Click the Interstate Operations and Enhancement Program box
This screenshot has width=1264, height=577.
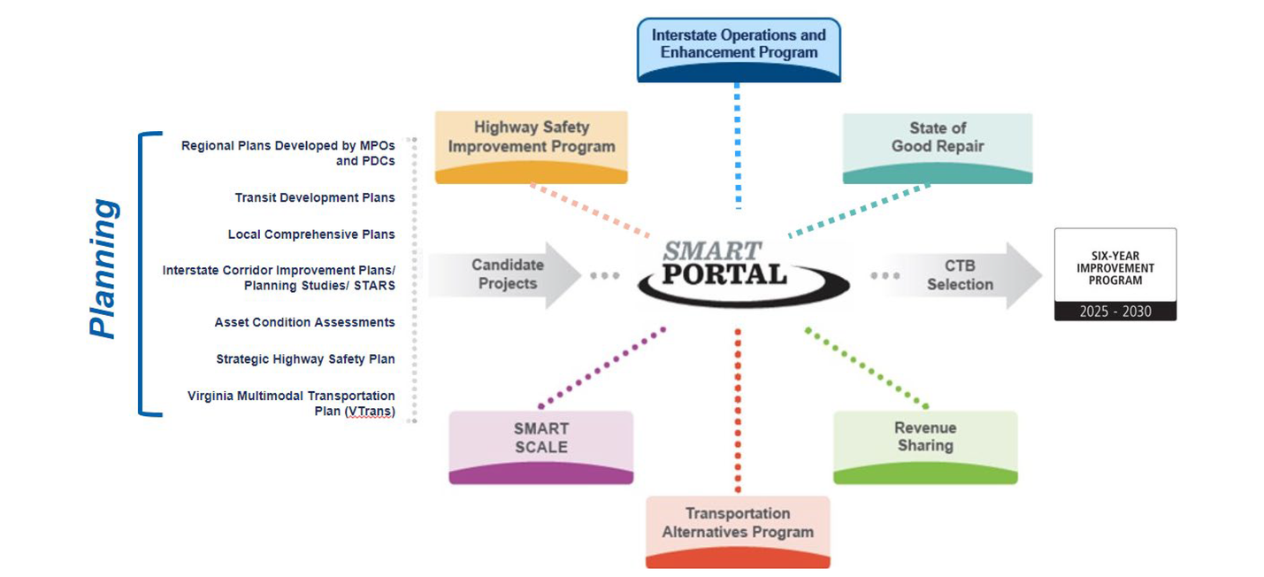point(739,49)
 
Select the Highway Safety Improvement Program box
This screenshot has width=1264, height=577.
point(531,145)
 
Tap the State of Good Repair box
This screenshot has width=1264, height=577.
point(938,146)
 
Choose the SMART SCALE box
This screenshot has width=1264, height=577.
point(540,445)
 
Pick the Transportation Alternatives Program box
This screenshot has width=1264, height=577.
point(738,529)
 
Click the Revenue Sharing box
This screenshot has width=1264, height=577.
point(925,445)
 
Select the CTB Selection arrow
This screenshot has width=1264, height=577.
point(960,275)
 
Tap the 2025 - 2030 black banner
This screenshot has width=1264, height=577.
point(1115,312)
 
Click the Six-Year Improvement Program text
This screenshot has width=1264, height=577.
point(1115,267)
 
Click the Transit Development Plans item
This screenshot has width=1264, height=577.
point(315,197)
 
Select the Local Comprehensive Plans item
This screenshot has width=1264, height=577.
point(311,235)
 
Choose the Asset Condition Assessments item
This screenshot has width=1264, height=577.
point(304,322)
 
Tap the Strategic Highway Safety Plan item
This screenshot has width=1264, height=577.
point(305,359)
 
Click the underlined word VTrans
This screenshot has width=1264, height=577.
point(369,412)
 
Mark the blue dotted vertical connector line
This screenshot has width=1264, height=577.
point(737,146)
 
